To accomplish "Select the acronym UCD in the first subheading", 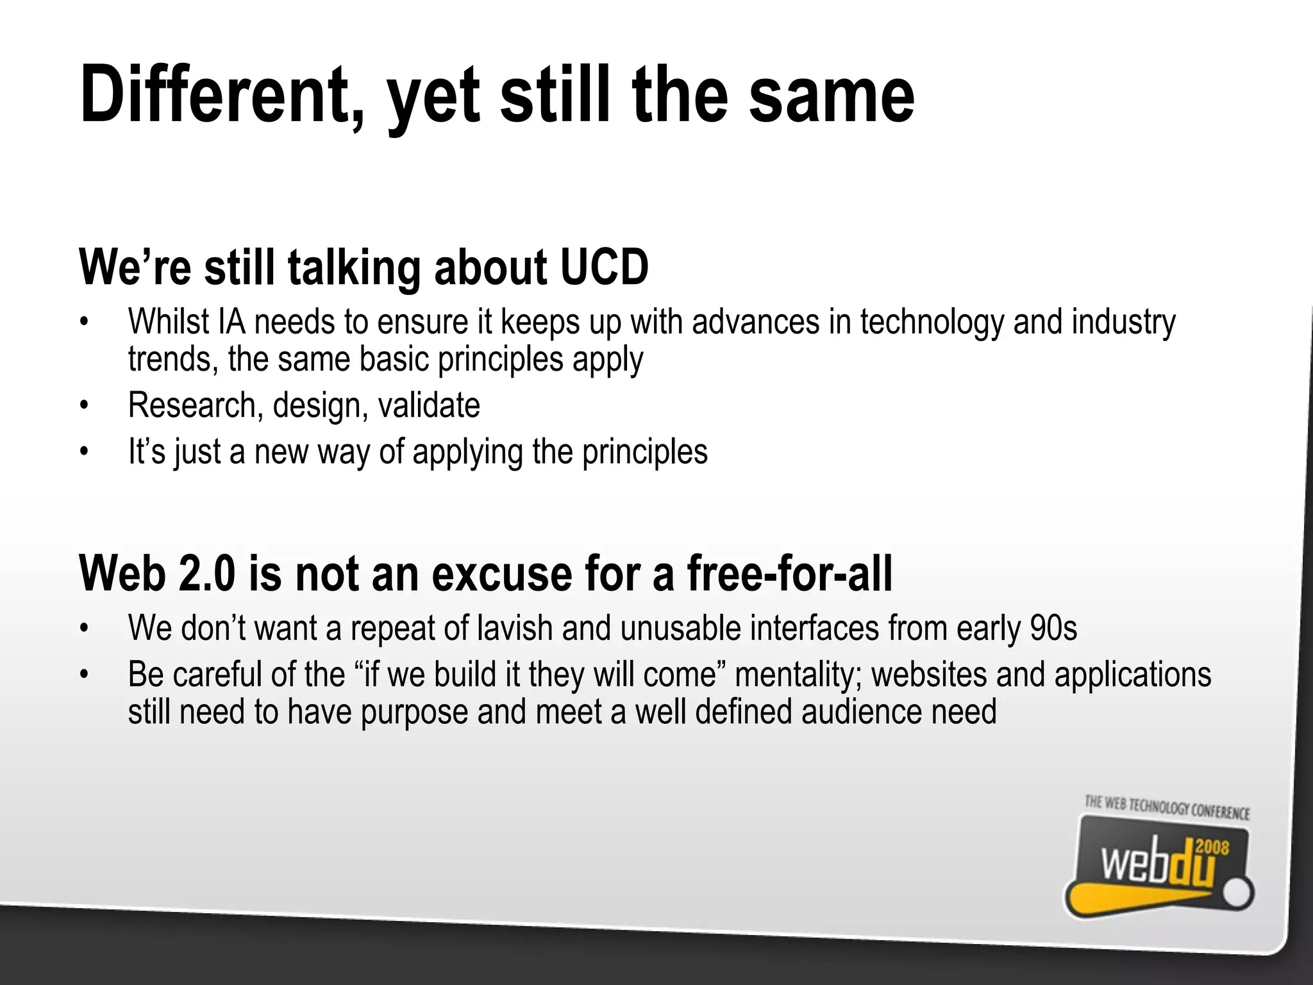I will point(604,267).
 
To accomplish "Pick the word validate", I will point(429,405).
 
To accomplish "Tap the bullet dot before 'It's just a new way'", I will point(83,453).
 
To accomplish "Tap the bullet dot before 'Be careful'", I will point(83,675).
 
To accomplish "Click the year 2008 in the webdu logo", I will point(1212,848).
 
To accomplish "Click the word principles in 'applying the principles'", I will point(645,452).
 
